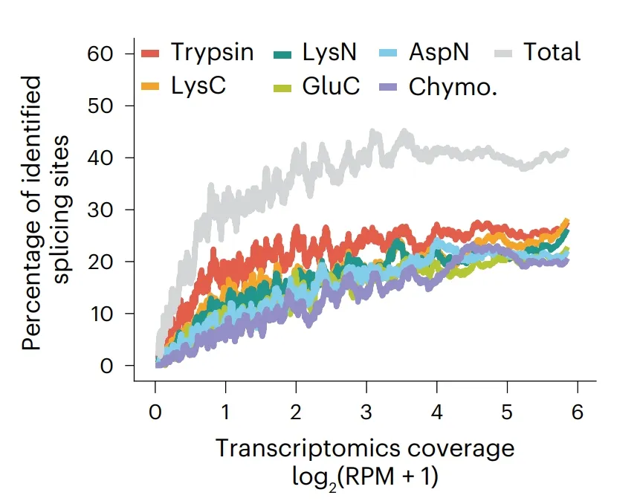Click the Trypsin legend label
click(x=212, y=52)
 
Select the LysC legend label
click(x=198, y=86)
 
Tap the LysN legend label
click(x=329, y=52)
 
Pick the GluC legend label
click(x=331, y=86)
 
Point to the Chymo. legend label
click(x=453, y=86)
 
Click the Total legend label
click(x=552, y=52)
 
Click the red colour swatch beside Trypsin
click(x=151, y=53)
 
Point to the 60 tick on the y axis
click(x=101, y=54)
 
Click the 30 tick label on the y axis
click(x=101, y=210)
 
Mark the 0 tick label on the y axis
click(x=109, y=366)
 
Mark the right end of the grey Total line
click(x=568, y=152)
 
